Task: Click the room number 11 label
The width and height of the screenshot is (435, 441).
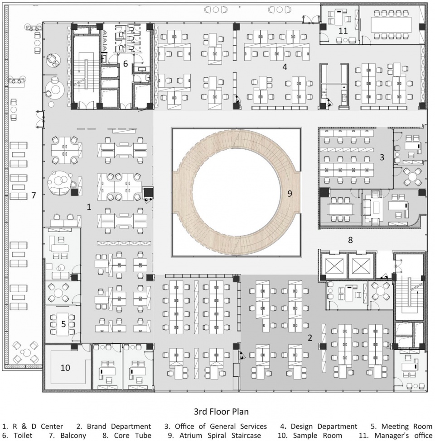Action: tap(343, 30)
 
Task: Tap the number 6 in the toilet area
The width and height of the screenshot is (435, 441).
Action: tap(126, 64)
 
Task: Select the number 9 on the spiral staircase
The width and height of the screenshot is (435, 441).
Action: tap(290, 193)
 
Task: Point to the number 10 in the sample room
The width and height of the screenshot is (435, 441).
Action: tap(65, 368)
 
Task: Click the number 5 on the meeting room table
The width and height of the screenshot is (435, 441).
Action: tap(63, 324)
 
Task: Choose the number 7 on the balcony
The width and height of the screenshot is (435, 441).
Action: tap(34, 195)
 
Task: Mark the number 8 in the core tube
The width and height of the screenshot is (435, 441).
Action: tap(350, 240)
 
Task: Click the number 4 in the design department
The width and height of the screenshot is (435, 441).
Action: tap(285, 66)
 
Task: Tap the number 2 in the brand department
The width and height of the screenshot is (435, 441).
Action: tap(310, 337)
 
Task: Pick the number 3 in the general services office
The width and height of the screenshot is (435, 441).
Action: tap(382, 157)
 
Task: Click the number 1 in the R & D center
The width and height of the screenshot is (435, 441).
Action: tap(89, 207)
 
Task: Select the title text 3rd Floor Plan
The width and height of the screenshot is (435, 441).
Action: tap(221, 412)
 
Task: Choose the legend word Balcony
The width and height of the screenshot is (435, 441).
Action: tap(73, 436)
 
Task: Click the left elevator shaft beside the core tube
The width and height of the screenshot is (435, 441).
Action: tap(333, 265)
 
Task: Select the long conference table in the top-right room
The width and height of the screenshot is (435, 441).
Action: tap(392, 25)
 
